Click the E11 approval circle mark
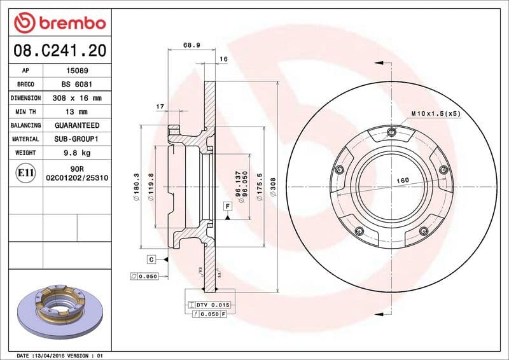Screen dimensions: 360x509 [26, 172]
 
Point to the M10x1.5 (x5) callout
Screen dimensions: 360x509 [435, 113]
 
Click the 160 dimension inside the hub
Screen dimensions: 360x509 [403, 181]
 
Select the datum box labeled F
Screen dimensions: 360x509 [227, 205]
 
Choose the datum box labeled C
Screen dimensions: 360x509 [151, 259]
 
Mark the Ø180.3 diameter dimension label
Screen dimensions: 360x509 [136, 184]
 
